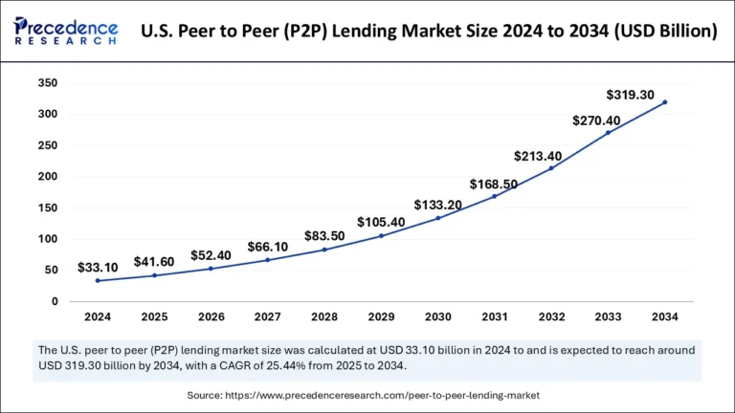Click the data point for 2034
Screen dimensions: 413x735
664,102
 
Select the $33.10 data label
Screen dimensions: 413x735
98,269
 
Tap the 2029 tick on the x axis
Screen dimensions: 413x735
381,316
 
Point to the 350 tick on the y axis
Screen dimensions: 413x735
48,83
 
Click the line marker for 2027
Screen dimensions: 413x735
267,260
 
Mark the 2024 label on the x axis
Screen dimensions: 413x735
98,316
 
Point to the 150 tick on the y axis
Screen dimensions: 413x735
48,207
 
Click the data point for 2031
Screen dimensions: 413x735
494,196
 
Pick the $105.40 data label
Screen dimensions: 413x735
381,223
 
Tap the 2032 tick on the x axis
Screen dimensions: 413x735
551,316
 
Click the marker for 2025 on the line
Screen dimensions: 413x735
154,275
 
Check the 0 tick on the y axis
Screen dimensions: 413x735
55,301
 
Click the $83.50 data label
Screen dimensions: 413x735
323,236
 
